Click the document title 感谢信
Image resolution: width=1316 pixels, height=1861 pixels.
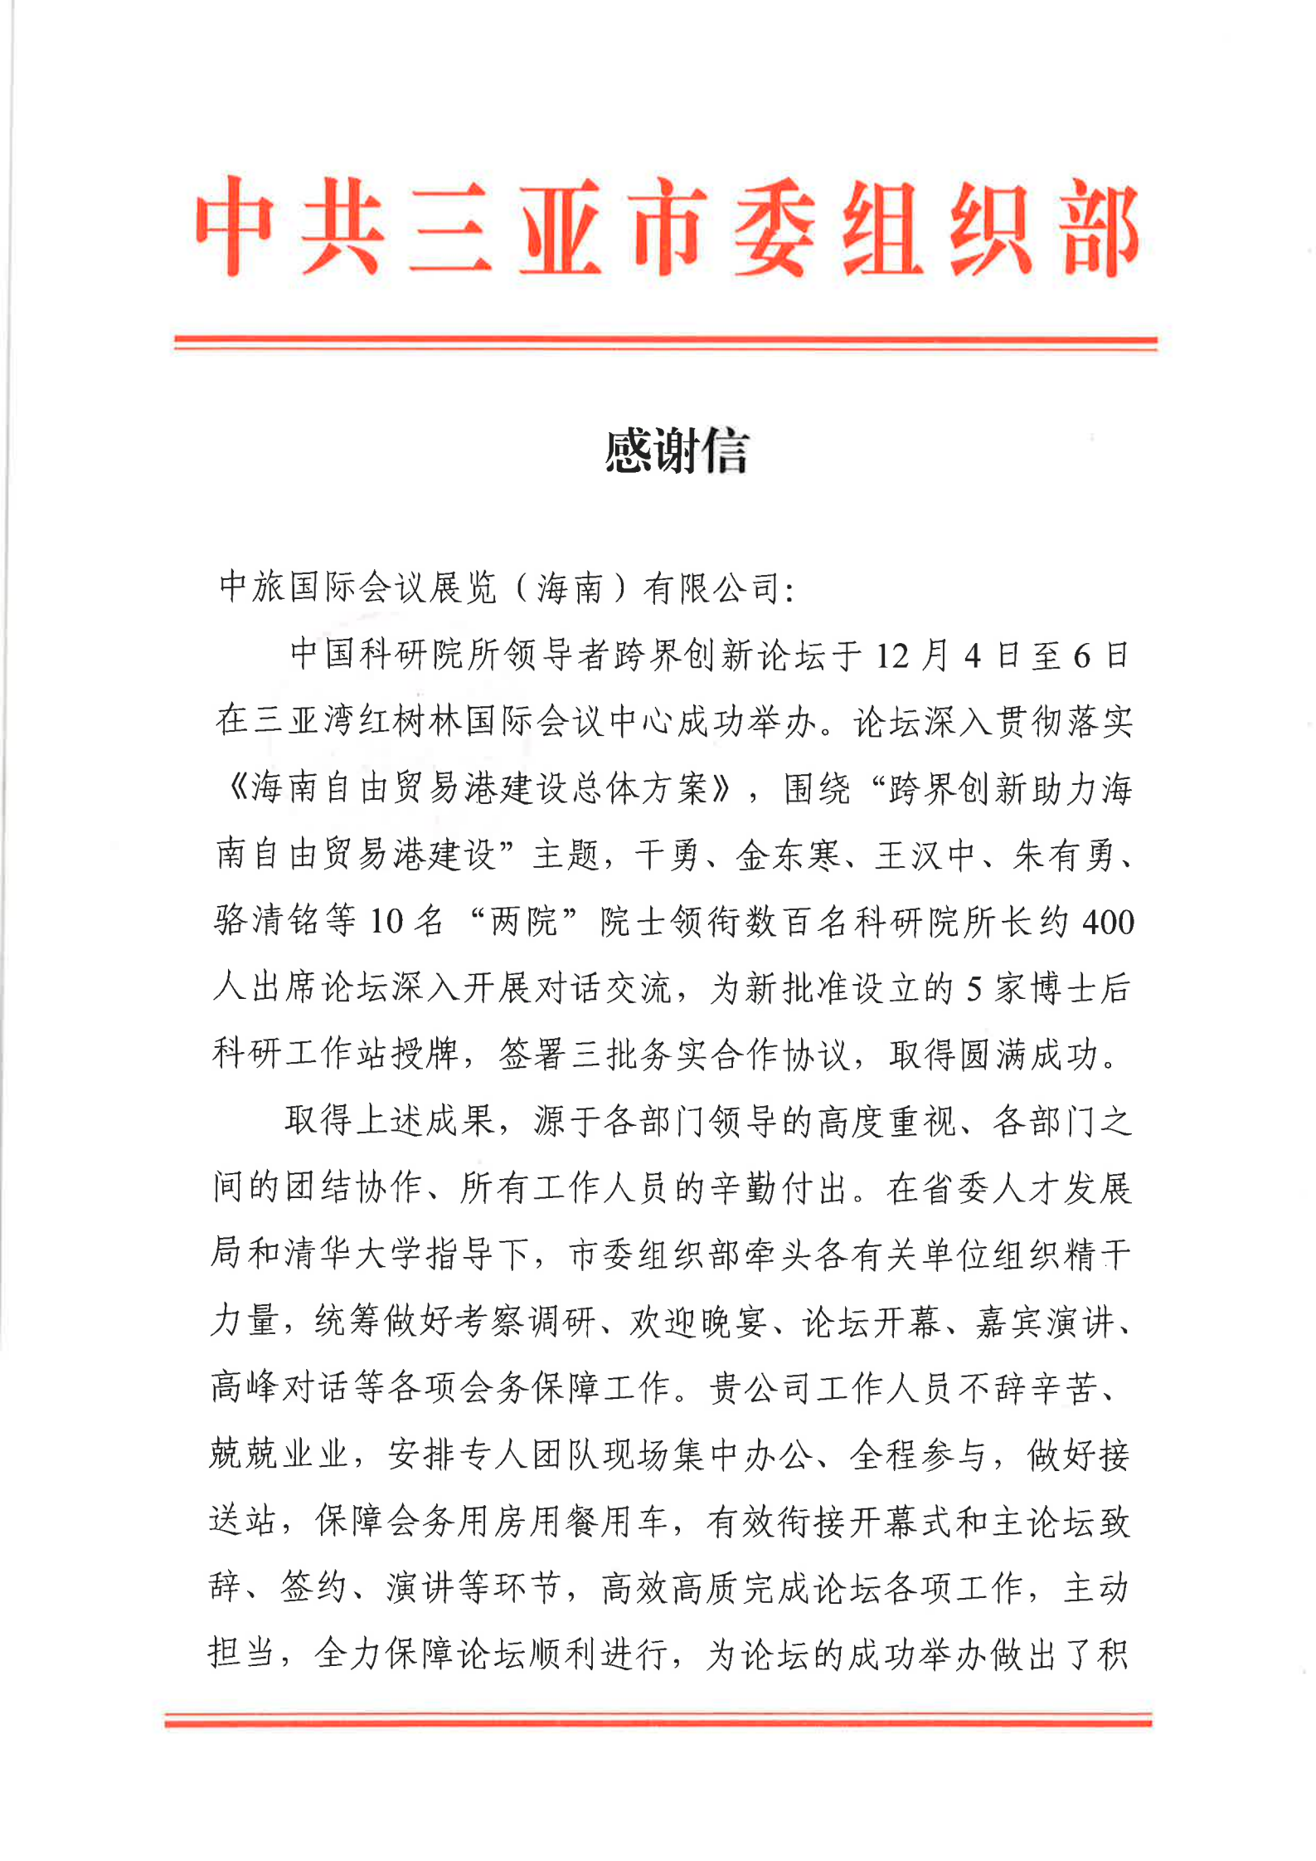point(676,452)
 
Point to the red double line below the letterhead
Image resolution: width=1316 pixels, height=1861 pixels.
point(665,342)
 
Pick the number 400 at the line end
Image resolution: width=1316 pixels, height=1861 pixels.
point(1108,922)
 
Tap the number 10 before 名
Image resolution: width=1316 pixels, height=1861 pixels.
point(386,922)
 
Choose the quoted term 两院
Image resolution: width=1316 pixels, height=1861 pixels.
point(523,922)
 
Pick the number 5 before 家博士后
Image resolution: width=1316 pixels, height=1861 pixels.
point(974,988)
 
